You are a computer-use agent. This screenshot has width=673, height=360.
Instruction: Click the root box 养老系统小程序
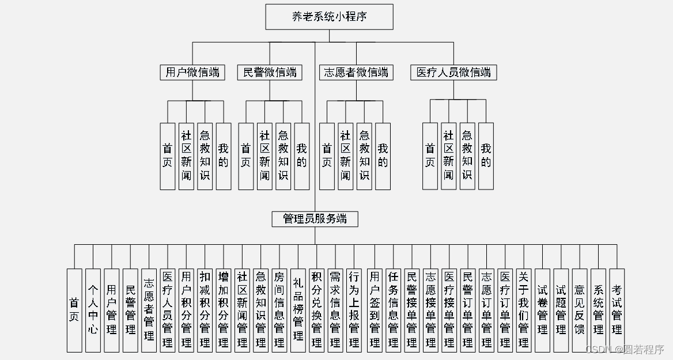click(x=329, y=17)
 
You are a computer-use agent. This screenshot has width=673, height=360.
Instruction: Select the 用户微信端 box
click(x=192, y=73)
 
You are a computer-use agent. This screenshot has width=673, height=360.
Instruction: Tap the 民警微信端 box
click(x=270, y=73)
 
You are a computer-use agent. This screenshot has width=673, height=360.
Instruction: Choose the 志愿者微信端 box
click(x=356, y=73)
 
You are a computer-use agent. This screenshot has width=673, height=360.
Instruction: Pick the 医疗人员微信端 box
click(x=453, y=73)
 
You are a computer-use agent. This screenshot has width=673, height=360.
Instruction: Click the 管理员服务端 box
click(x=315, y=219)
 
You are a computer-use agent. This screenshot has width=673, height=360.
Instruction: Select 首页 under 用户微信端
click(x=168, y=156)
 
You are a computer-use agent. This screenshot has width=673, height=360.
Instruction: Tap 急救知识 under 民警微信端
click(x=283, y=156)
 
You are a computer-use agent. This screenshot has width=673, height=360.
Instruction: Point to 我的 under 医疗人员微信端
click(x=486, y=156)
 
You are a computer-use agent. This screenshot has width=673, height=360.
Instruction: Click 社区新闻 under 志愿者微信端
click(x=345, y=156)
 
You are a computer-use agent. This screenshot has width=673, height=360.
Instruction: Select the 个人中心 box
click(x=93, y=310)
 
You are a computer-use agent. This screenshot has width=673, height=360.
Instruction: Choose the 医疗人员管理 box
click(x=168, y=310)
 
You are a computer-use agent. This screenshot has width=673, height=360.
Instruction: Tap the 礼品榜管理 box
click(x=298, y=310)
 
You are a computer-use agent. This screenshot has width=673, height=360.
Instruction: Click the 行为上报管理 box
click(x=354, y=310)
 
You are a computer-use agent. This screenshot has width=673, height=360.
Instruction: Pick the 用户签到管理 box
click(x=375, y=310)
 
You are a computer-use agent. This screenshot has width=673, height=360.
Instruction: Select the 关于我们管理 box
click(x=524, y=310)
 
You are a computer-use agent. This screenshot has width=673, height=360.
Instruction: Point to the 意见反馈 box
click(x=580, y=310)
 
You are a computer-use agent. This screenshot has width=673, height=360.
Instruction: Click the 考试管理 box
click(x=617, y=310)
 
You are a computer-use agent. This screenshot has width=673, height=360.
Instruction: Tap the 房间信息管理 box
click(x=279, y=310)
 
